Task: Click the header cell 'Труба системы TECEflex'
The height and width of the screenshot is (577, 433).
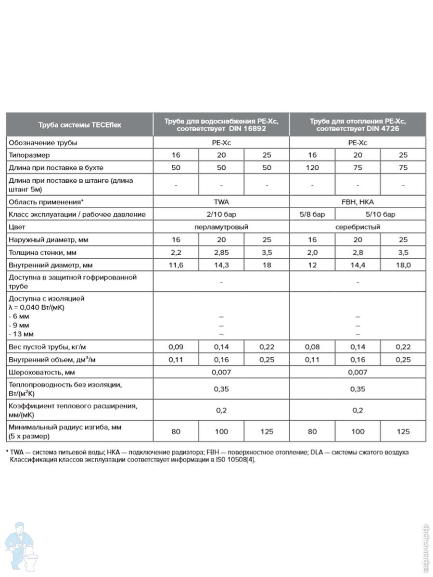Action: click(79, 125)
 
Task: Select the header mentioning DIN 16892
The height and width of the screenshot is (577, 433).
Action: click(221, 125)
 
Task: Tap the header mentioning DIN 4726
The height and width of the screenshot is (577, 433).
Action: click(357, 125)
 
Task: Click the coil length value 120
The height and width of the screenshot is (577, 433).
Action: click(312, 168)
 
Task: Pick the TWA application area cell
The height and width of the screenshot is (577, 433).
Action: click(221, 202)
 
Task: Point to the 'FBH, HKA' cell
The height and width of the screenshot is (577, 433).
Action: click(357, 202)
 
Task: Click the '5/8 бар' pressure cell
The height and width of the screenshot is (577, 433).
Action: click(312, 214)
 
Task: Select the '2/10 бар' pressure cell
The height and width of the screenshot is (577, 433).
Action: click(221, 214)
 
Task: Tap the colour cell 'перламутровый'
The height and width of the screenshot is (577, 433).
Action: click(221, 226)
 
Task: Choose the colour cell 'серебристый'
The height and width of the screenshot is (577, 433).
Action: click(357, 226)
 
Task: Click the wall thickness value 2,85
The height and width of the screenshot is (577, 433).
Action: click(221, 252)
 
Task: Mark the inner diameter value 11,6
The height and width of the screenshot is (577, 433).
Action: click(176, 265)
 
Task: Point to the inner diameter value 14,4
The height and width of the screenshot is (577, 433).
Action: click(357, 265)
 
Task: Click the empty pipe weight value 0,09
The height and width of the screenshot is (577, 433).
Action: click(176, 347)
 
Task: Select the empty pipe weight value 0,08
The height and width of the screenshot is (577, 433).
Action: click(312, 347)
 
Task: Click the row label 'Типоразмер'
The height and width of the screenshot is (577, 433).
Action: click(29, 155)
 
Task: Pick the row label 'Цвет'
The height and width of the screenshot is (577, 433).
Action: click(17, 226)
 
